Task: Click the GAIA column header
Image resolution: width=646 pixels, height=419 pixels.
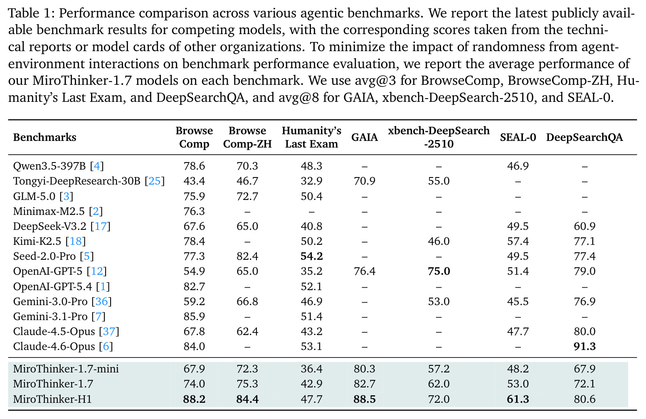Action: click(364, 137)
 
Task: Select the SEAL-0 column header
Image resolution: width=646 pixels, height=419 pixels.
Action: click(518, 137)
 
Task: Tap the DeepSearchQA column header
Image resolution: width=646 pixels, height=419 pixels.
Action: click(584, 137)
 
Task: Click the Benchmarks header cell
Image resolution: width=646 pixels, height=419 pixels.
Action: click(45, 137)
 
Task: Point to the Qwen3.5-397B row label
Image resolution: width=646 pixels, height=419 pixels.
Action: click(49, 166)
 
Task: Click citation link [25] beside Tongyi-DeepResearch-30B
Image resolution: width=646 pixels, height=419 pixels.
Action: click(155, 181)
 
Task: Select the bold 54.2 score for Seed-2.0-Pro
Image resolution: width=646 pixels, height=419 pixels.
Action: click(311, 256)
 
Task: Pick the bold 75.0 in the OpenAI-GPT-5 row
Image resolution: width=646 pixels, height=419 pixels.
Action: click(439, 271)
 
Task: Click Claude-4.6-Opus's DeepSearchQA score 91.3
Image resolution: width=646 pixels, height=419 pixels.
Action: click(584, 346)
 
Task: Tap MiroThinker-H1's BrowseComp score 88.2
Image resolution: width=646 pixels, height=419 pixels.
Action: click(194, 399)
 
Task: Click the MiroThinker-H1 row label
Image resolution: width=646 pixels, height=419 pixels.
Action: click(52, 399)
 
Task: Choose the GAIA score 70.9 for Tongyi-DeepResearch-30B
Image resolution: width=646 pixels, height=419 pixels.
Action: click(365, 181)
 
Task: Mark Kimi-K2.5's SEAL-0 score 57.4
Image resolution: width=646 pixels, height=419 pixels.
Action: click(518, 241)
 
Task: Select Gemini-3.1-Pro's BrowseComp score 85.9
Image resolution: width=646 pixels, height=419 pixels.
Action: click(194, 316)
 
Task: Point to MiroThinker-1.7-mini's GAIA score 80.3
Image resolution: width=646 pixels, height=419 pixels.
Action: click(365, 369)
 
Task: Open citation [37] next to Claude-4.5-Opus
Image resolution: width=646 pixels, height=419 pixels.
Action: click(109, 331)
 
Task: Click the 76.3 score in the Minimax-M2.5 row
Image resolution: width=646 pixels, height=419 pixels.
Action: click(194, 212)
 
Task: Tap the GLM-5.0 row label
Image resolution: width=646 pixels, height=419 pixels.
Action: click(35, 196)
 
